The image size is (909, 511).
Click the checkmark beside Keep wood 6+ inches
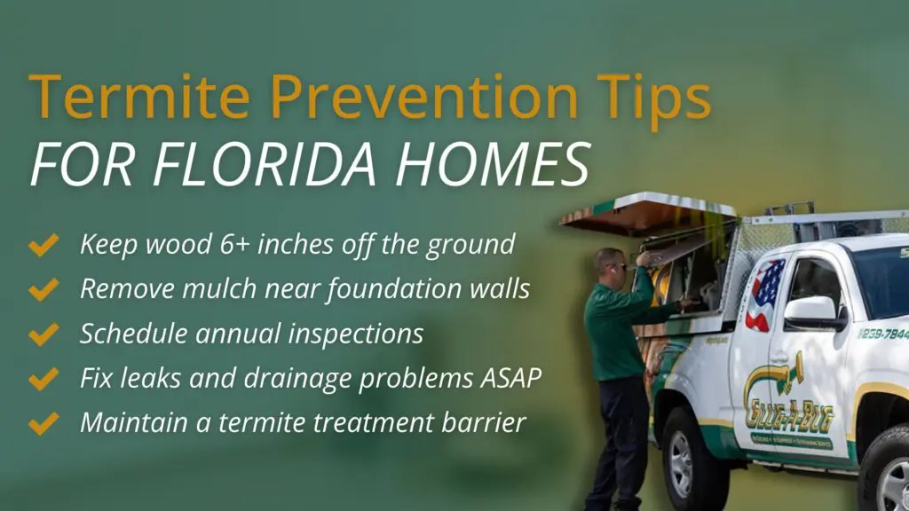pyautogui.click(x=43, y=245)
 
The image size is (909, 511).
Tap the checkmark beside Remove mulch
pyautogui.click(x=43, y=289)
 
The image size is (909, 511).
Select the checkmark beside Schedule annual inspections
pyautogui.click(x=43, y=334)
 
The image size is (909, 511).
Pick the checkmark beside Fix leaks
pyautogui.click(x=43, y=379)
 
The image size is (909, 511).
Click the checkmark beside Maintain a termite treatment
pyautogui.click(x=43, y=423)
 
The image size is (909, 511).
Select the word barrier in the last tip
pyautogui.click(x=486, y=422)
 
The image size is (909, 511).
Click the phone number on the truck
pyautogui.click(x=882, y=334)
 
